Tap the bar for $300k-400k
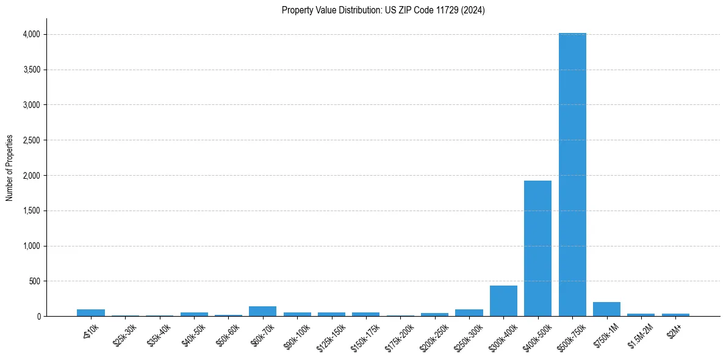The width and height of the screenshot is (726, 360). point(503,301)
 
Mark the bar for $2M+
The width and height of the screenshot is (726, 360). point(675,315)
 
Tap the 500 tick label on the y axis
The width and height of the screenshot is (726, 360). point(34,281)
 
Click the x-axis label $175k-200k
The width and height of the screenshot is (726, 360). point(400,335)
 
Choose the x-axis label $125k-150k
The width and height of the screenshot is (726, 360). point(331,335)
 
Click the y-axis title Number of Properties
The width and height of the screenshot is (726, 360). point(10,168)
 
